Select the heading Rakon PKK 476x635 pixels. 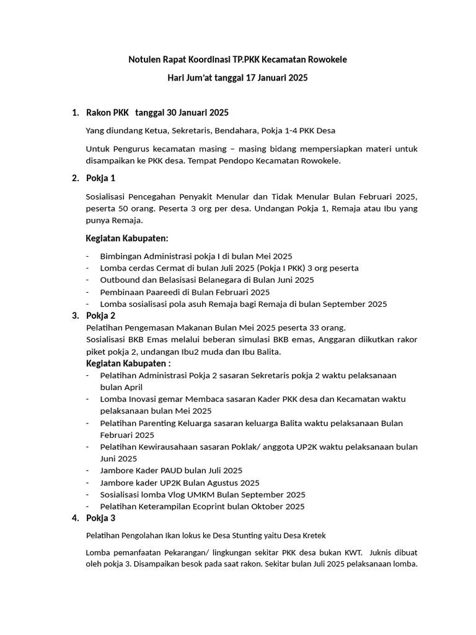click(107, 112)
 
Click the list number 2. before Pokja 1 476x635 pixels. click(75, 179)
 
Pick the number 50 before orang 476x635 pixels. click(127, 208)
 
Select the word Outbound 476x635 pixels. click(121, 280)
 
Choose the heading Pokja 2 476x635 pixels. click(100, 315)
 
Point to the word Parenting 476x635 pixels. click(161, 423)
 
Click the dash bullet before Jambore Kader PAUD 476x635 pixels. click(88, 471)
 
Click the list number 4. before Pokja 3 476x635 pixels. click(75, 518)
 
